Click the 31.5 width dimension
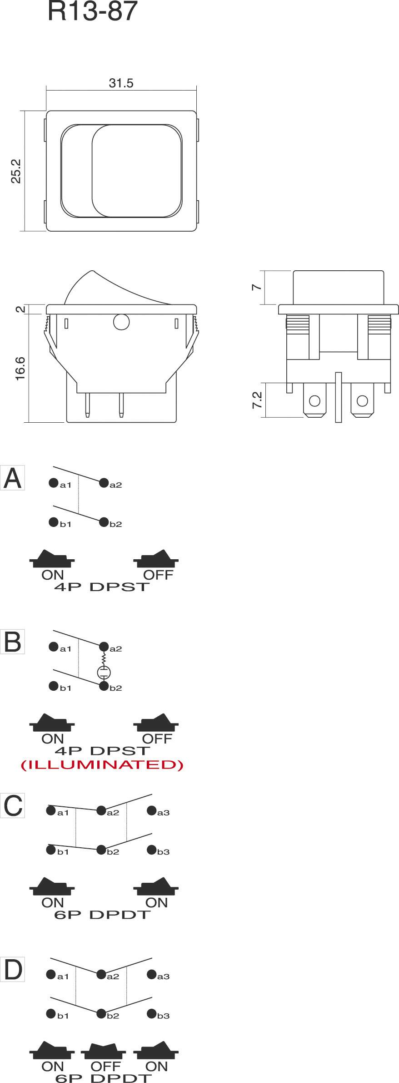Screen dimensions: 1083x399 tap(121, 83)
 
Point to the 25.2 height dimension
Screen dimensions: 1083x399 tap(16, 171)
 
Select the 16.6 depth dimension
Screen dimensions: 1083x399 tap(20, 368)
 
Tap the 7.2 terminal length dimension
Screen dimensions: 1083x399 tap(257, 400)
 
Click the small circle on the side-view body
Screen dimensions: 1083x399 tap(121, 322)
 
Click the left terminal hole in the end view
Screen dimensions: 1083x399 tap(314, 401)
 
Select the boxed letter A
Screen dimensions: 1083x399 tap(12, 478)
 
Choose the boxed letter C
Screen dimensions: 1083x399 tap(12, 806)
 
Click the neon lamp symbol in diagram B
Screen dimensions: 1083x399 tap(104, 672)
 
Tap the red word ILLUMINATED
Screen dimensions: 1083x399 tap(102, 765)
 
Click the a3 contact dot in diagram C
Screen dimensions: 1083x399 tap(151, 810)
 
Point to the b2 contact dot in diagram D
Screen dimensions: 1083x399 tap(101, 1013)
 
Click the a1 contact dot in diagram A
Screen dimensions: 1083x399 tap(54, 483)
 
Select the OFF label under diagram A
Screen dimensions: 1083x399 tap(158, 575)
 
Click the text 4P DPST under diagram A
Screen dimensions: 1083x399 tap(102, 587)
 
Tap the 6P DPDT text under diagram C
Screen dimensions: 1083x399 tap(102, 915)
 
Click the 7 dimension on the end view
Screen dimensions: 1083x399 tap(257, 287)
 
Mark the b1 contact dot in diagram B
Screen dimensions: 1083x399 tap(54, 686)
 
